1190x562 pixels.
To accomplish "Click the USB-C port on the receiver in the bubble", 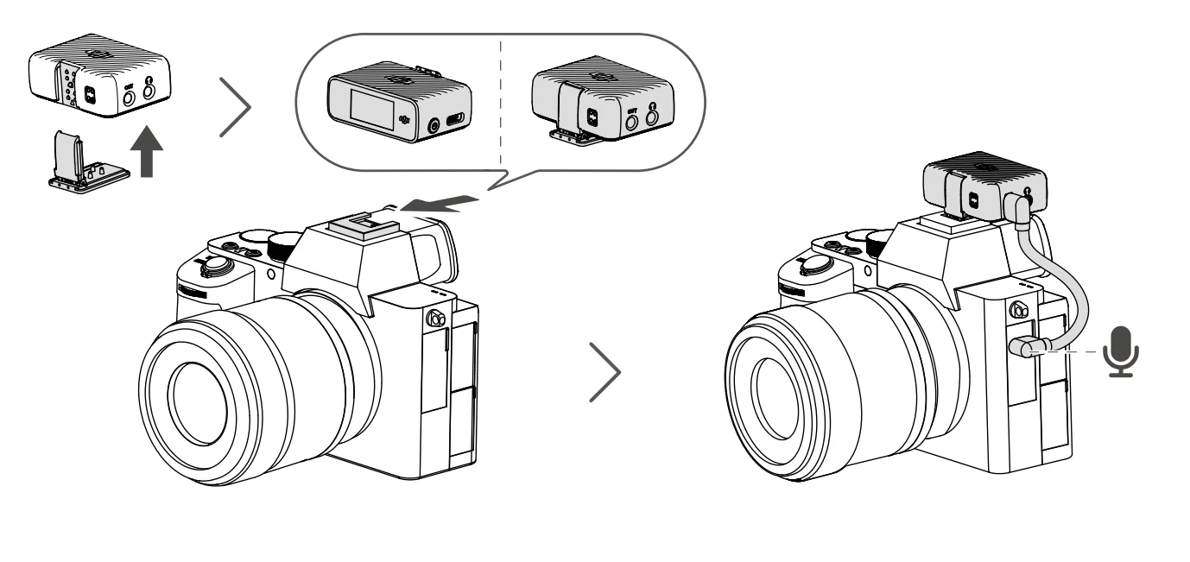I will (x=458, y=120).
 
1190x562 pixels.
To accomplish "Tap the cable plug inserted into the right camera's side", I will (x=1022, y=349).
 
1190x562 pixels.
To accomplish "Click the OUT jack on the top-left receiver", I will (x=128, y=100).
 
